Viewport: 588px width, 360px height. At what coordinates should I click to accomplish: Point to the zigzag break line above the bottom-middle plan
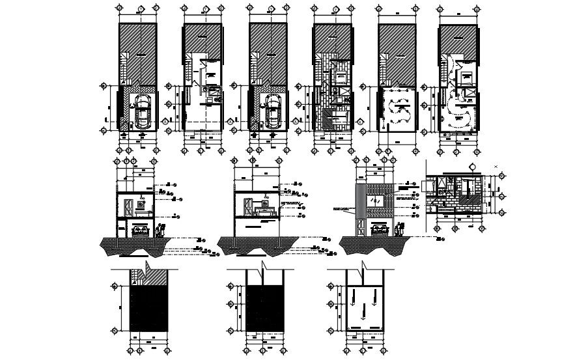[262, 267]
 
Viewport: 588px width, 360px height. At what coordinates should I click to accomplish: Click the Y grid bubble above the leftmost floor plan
[138, 7]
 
